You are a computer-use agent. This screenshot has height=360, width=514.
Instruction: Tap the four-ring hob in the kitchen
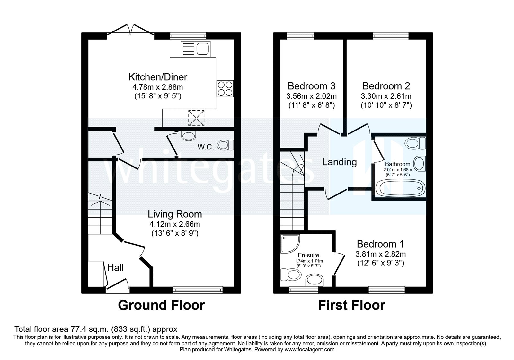click(225, 88)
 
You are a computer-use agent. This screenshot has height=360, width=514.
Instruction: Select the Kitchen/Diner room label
click(158, 77)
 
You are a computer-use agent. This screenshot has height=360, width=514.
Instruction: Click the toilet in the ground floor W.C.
click(226, 145)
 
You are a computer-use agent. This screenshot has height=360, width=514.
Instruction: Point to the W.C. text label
click(206, 147)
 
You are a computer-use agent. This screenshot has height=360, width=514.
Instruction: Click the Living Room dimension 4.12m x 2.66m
click(174, 224)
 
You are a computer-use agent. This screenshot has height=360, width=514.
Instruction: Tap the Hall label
click(115, 267)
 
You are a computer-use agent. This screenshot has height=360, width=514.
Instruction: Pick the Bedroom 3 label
click(311, 86)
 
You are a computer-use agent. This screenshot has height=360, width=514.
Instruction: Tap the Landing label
click(339, 162)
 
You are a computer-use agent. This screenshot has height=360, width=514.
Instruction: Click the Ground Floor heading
click(161, 305)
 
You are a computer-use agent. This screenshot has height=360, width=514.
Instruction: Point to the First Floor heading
click(351, 305)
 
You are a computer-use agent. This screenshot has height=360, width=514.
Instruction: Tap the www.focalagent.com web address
click(309, 349)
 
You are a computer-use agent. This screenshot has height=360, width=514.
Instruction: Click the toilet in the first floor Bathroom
click(415, 143)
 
